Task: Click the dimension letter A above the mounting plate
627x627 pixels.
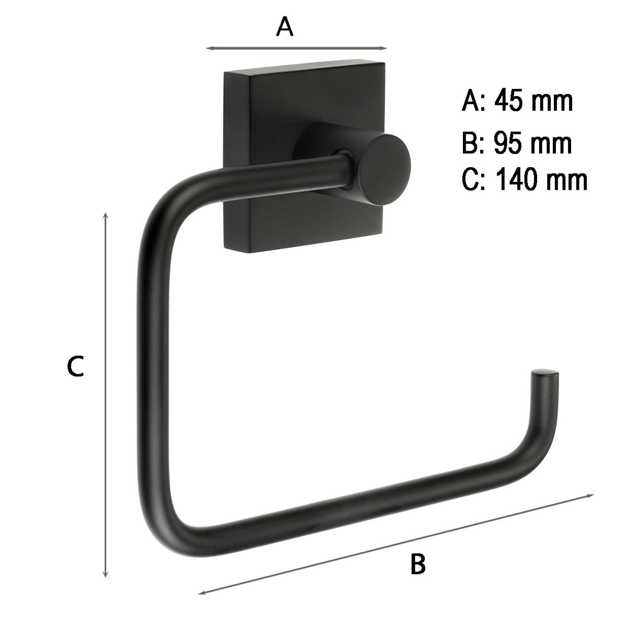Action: click(285, 27)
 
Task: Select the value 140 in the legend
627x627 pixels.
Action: click(518, 180)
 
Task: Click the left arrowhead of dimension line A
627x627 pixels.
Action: click(209, 49)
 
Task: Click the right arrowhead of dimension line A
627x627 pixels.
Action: click(385, 49)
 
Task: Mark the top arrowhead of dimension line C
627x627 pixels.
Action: click(106, 216)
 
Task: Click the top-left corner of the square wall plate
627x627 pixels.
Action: click(225, 74)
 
